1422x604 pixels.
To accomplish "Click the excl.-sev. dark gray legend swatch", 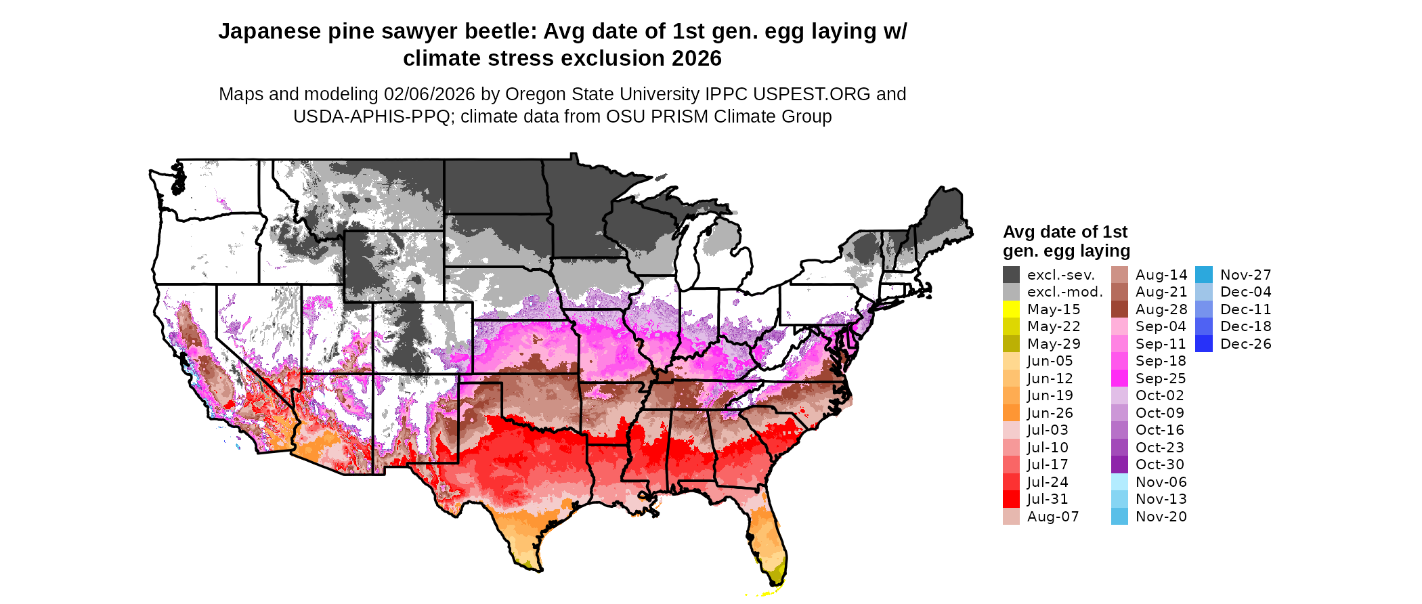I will [1011, 274].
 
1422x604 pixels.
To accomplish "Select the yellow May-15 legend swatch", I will [1011, 309].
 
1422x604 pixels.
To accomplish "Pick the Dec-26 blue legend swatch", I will [1204, 343].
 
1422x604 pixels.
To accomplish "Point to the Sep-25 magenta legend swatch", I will [1119, 378].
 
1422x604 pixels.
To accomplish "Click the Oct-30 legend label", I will [1159, 465].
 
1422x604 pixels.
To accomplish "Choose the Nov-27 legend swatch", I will [1204, 274].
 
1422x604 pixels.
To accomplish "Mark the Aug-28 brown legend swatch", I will [1119, 309].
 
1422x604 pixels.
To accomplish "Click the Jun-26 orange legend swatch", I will [1011, 412].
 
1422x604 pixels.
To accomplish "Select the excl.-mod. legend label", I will [1064, 292].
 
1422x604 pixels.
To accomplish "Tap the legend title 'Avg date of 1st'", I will [1064, 232].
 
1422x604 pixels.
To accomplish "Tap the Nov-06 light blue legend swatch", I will [1119, 481].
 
